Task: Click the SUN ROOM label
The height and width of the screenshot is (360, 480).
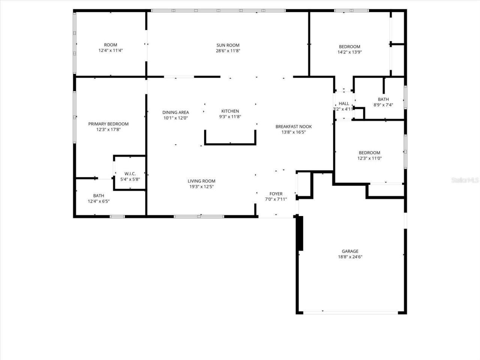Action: [x=228, y=45]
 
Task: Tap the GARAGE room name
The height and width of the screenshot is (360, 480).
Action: [x=350, y=251]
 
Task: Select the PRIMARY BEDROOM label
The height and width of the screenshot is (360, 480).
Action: [x=108, y=124]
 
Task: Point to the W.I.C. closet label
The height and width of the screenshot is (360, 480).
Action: [x=130, y=174]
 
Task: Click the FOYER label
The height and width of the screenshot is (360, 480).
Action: [x=276, y=193]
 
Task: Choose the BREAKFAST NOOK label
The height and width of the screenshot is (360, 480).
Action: [x=294, y=126]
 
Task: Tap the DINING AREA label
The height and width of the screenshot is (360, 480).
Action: [x=175, y=112]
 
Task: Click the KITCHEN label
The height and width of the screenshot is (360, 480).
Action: [x=230, y=111]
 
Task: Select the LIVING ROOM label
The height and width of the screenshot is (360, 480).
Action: [x=201, y=181]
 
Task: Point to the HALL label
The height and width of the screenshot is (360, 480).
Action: [x=344, y=103]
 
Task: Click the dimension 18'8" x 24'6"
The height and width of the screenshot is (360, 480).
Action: [x=350, y=257]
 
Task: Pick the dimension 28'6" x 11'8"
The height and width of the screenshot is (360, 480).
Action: [x=228, y=51]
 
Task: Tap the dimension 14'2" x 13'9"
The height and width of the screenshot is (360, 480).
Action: [x=349, y=52]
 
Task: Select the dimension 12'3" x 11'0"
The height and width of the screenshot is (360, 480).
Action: [x=370, y=158]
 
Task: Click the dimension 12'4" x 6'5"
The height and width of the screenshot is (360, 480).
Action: [x=99, y=201]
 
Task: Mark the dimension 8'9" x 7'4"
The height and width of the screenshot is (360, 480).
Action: [x=383, y=105]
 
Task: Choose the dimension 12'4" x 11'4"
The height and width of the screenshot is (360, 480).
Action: [x=111, y=51]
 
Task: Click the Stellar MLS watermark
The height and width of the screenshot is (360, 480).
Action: [x=465, y=180]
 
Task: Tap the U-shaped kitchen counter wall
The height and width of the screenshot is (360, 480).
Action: [x=230, y=144]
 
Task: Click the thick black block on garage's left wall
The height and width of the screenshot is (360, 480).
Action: [x=301, y=233]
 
